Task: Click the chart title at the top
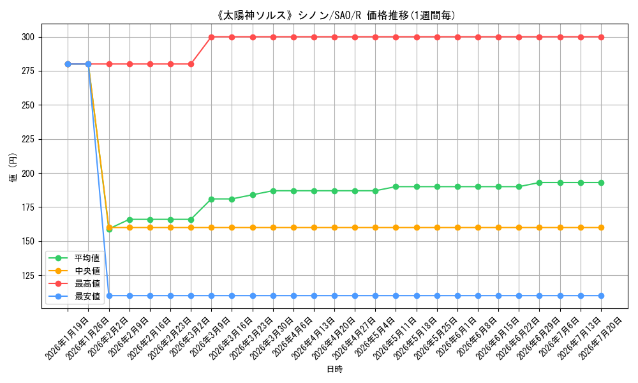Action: [x=336, y=15]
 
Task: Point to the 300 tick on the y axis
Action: [x=28, y=37]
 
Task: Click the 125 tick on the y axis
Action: [x=28, y=276]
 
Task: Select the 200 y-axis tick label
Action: [x=28, y=174]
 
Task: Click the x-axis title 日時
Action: [x=334, y=369]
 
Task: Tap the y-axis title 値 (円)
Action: [x=13, y=167]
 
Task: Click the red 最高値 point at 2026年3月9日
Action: [x=212, y=37]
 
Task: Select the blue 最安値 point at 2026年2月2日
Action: [x=109, y=296]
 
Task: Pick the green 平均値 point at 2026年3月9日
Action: [x=212, y=199]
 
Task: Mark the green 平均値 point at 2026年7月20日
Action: [x=601, y=183]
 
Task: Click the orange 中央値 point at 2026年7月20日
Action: [x=601, y=227]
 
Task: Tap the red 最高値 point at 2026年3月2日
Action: [x=191, y=64]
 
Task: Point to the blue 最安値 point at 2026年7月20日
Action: [x=601, y=296]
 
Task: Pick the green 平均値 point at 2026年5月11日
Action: [x=396, y=187]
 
